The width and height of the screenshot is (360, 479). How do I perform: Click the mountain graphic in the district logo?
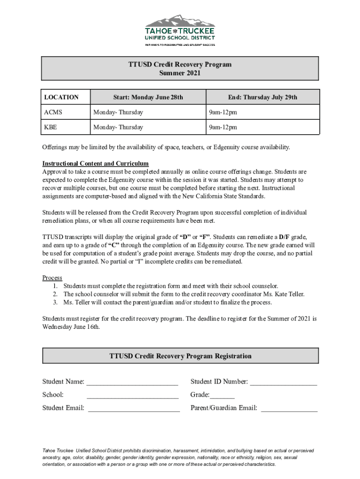(180, 21)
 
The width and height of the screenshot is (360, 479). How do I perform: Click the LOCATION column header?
(61, 97)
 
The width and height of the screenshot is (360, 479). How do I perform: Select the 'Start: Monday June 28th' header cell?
(148, 97)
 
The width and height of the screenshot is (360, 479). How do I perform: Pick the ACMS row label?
(53, 112)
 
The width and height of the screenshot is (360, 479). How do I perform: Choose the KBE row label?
(51, 127)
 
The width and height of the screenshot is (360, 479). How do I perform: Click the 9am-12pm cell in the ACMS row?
(223, 112)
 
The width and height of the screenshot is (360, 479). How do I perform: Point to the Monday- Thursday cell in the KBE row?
(118, 127)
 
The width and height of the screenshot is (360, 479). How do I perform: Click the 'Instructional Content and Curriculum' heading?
(95, 163)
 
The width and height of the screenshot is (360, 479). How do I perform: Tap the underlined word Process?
(52, 278)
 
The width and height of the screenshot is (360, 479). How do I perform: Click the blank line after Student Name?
(132, 383)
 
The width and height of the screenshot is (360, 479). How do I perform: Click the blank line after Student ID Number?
(283, 383)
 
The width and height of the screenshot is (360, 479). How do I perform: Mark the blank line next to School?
(132, 396)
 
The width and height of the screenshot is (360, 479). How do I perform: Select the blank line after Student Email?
(134, 409)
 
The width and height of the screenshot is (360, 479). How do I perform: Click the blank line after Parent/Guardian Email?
(289, 409)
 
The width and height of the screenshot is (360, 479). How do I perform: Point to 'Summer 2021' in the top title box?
(180, 73)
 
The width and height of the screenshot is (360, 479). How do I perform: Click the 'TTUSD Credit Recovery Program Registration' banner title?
(180, 356)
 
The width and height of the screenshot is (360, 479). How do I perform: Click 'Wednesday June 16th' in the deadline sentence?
(71, 327)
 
